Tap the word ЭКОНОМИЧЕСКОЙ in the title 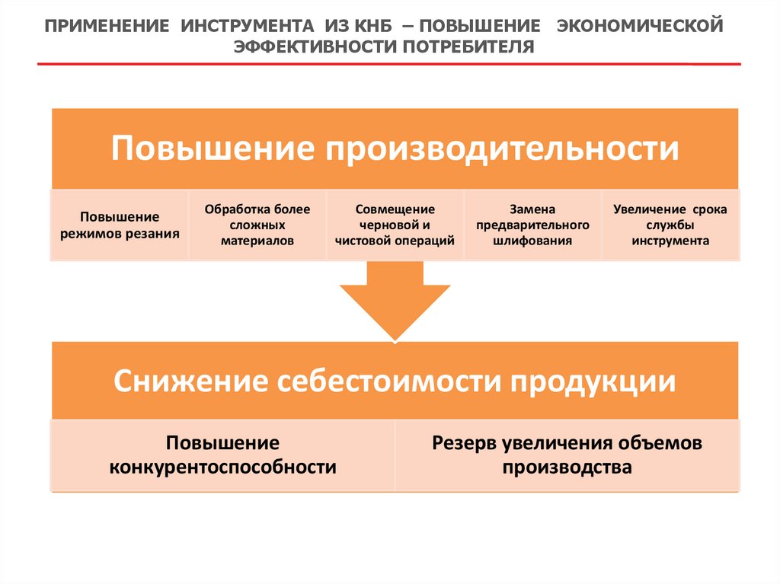tap(638, 27)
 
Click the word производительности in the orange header tap(503, 148)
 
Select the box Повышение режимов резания tap(120, 225)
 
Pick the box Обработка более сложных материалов tap(257, 225)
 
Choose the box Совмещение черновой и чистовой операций tap(395, 225)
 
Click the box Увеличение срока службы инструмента tap(670, 225)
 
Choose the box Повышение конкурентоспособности tap(222, 455)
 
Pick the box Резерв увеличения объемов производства tap(567, 455)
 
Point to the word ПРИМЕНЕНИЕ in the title tap(106, 27)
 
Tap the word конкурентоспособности tap(222, 467)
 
